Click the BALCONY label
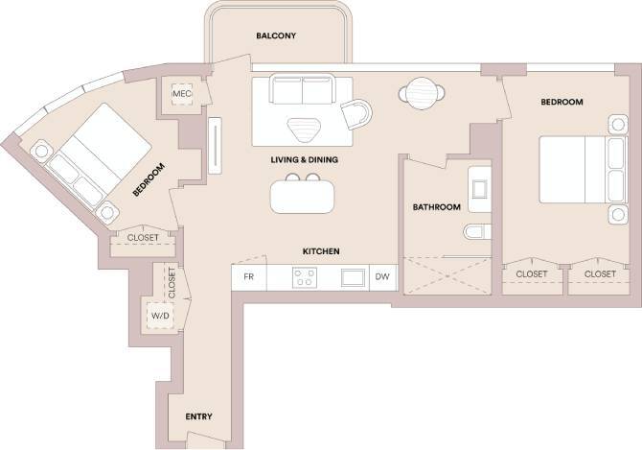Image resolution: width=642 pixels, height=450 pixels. click(275, 36)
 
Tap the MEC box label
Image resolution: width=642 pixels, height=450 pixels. click(179, 94)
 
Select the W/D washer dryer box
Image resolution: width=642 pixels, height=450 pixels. click(159, 315)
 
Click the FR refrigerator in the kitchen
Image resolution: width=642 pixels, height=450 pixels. click(248, 277)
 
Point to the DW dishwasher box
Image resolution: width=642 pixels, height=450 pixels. click(382, 277)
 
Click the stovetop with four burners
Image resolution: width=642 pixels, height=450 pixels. click(305, 277)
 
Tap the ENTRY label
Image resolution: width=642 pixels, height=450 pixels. click(197, 416)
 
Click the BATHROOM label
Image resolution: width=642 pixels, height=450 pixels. click(436, 207)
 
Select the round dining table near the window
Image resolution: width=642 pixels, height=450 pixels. click(421, 94)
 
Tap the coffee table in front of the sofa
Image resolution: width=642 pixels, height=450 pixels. click(306, 128)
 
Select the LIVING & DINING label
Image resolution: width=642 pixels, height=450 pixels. click(305, 159)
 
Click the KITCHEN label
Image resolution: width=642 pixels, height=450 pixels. click(321, 251)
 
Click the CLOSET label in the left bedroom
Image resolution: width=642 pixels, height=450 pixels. click(144, 238)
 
